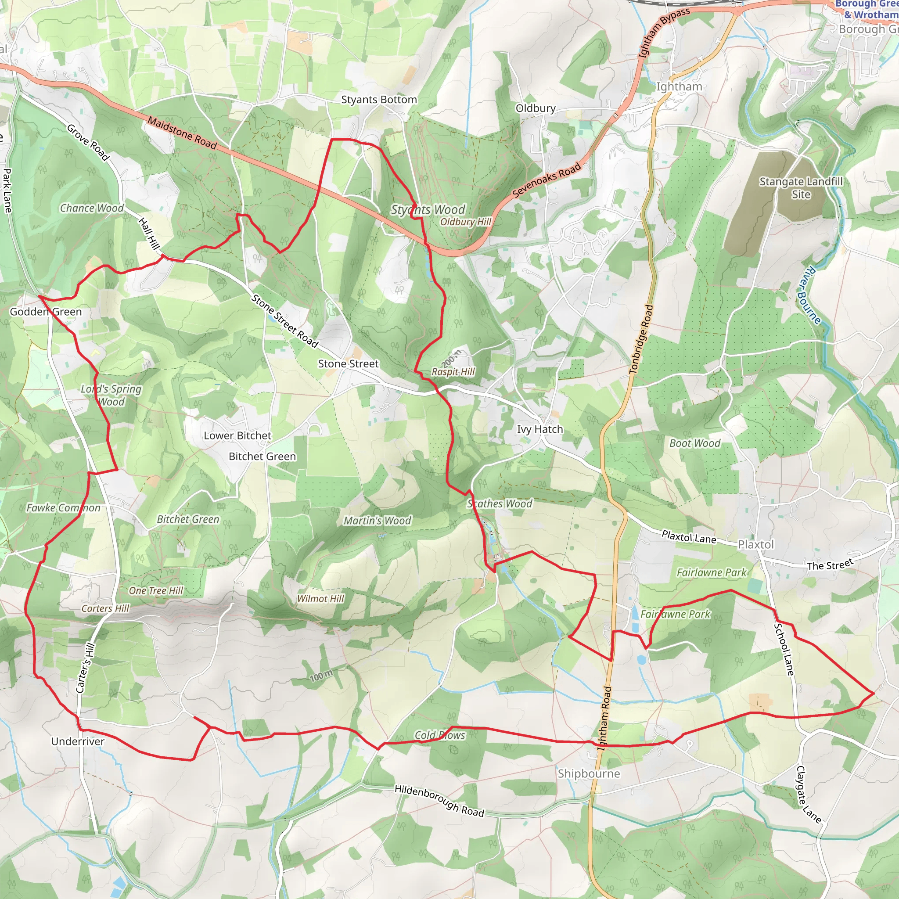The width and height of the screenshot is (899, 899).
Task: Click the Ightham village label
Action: pos(679,86)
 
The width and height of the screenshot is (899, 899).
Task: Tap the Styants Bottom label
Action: pos(379,100)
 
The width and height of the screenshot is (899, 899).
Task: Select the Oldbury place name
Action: pos(535,108)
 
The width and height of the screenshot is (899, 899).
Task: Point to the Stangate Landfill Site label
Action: pos(801,187)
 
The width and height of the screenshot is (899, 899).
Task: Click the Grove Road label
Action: pos(88,142)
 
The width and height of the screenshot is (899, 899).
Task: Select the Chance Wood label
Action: pos(92,208)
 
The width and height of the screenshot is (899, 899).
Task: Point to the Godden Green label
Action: pos(46,312)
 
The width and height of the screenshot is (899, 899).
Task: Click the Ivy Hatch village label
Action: pos(540,429)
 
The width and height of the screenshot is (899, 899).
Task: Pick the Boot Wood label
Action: pos(694,443)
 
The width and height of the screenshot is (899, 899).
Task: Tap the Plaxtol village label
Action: pos(756,544)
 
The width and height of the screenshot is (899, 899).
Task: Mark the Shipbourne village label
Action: pos(589,773)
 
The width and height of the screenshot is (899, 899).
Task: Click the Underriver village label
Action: pos(78,741)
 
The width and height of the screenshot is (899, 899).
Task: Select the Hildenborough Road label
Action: pos(439,800)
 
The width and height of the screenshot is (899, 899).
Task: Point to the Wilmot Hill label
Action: pos(320,598)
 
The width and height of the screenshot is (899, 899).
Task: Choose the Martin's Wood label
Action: pos(378,520)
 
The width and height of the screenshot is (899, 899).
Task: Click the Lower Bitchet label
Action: pos(237,435)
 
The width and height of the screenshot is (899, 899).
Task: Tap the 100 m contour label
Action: pos(321,676)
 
